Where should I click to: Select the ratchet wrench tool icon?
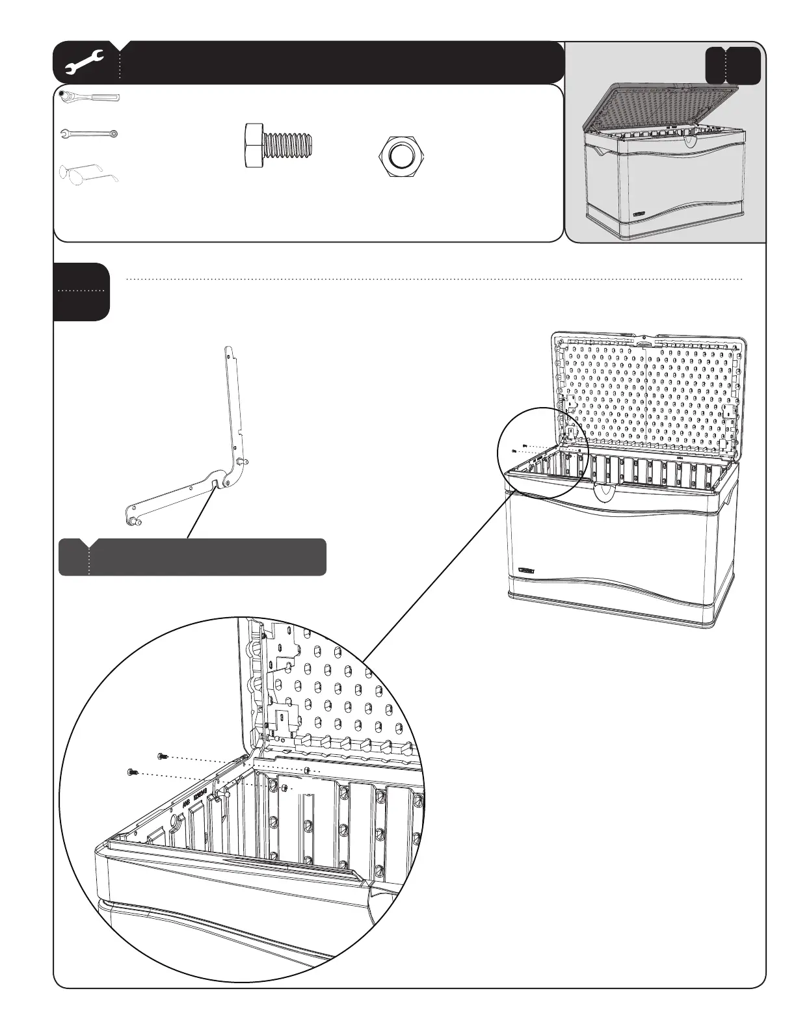tap(89, 98)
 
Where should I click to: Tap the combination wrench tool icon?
tap(88, 134)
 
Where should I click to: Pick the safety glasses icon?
tap(89, 172)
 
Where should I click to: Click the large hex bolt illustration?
tap(280, 144)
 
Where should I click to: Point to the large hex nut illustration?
tap(401, 157)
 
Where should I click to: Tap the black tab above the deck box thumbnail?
tap(733, 65)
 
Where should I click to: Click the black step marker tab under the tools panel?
tap(81, 291)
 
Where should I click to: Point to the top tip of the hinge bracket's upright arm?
tap(227, 349)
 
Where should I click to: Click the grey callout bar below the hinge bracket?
tap(192, 557)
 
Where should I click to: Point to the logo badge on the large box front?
tap(526, 571)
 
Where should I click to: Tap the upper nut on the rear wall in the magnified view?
tap(306, 771)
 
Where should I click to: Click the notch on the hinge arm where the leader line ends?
tap(215, 483)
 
